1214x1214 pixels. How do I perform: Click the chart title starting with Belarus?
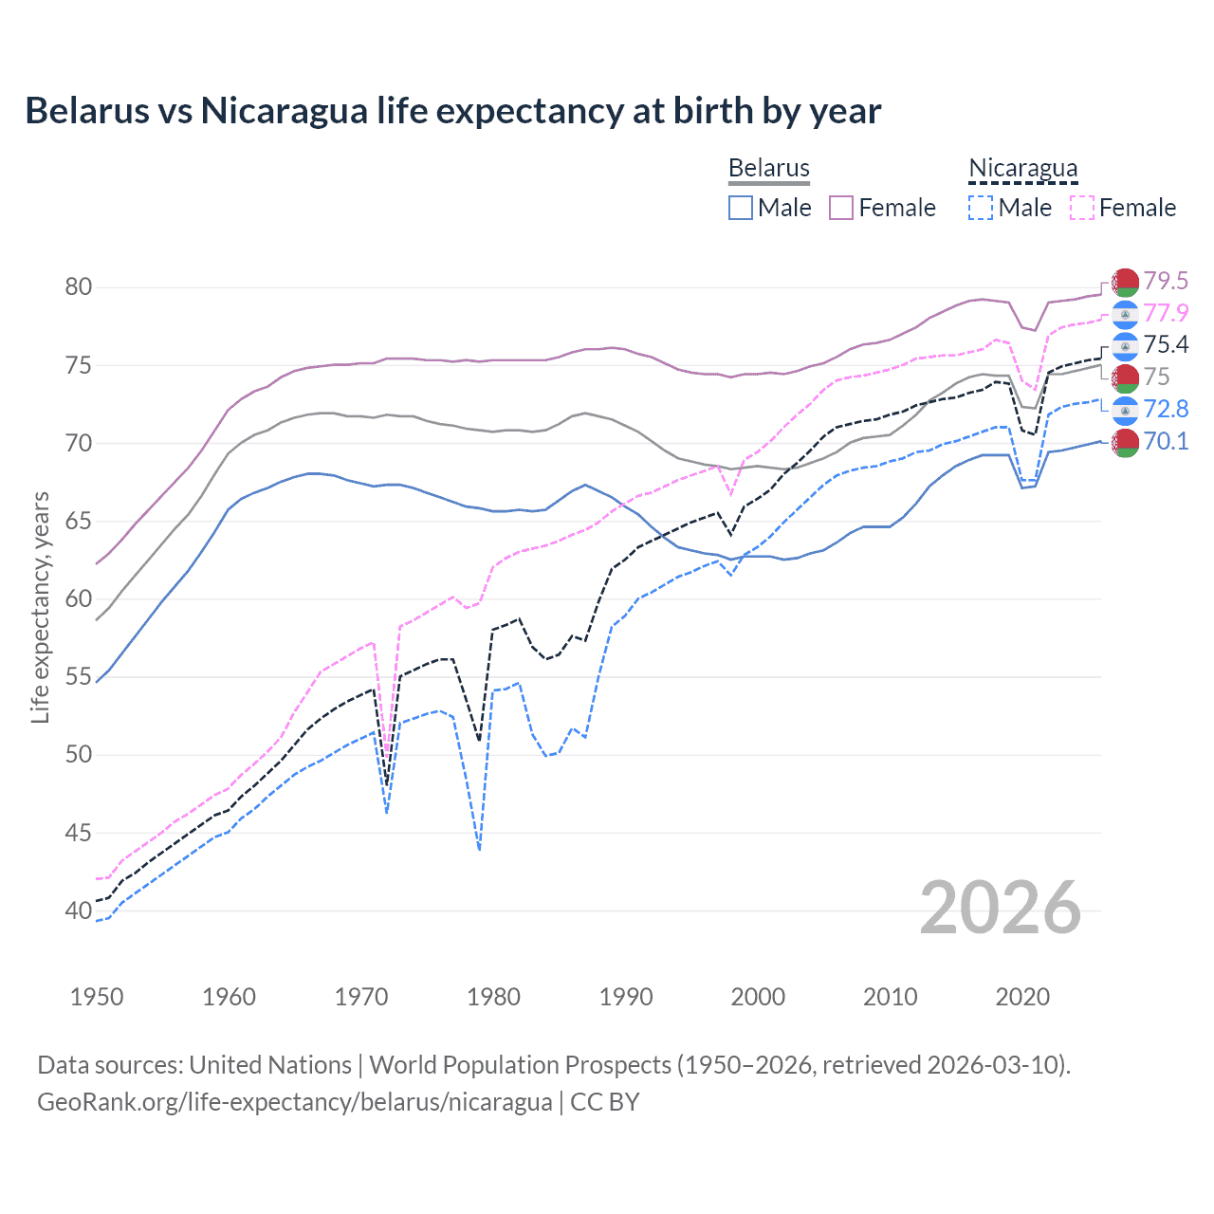[x=452, y=111]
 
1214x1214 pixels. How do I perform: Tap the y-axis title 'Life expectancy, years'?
[x=40, y=607]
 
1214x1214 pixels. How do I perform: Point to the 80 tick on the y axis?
[x=79, y=286]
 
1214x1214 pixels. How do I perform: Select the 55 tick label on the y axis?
[x=79, y=676]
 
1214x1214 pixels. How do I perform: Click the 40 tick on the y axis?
[x=79, y=910]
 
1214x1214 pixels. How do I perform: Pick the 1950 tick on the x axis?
[x=97, y=997]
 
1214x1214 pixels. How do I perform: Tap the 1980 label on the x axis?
[x=493, y=997]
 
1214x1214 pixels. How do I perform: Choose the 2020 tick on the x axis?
[x=1022, y=997]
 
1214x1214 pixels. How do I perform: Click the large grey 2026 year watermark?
[x=1000, y=908]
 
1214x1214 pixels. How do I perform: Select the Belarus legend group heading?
[x=768, y=168]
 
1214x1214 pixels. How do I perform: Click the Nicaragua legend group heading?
[x=1022, y=168]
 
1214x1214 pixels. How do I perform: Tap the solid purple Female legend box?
[x=841, y=208]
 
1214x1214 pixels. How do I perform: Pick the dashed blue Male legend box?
[x=981, y=208]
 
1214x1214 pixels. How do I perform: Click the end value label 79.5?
[x=1166, y=281]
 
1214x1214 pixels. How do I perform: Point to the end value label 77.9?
[x=1166, y=313]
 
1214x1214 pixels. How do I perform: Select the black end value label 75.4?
[x=1166, y=344]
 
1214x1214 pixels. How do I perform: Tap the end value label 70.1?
[x=1166, y=441]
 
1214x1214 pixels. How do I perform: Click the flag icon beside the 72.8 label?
[x=1125, y=410]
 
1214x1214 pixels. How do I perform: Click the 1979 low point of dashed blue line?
[x=480, y=850]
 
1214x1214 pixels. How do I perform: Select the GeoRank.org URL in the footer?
[x=294, y=1102]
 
